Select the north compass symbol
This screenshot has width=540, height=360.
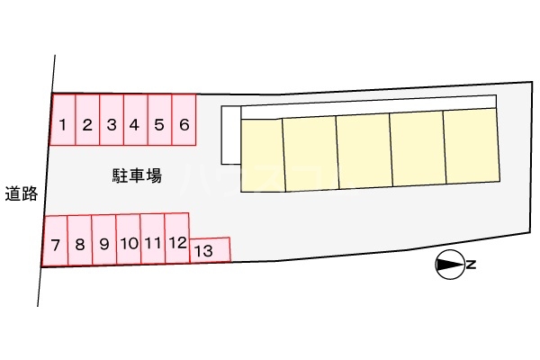448,265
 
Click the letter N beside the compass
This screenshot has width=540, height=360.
471,265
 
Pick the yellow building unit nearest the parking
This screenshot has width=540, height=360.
262,154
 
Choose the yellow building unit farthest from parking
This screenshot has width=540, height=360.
472,147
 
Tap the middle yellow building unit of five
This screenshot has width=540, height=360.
364,151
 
